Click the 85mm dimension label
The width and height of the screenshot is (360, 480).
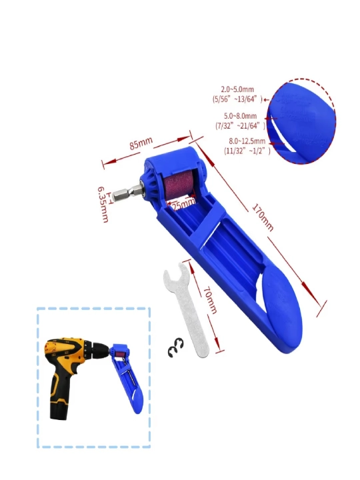click(141, 143)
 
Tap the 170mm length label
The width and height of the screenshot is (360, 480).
click(263, 217)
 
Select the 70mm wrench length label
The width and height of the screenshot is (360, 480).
click(210, 300)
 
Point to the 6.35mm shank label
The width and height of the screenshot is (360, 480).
click(103, 204)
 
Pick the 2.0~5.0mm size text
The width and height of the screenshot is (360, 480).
click(237, 89)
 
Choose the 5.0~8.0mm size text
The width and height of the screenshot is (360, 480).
click(240, 116)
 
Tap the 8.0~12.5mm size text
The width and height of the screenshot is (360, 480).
click(247, 141)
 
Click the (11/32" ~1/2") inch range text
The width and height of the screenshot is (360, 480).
click(247, 151)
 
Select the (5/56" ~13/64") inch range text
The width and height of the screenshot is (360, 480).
click(237, 99)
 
